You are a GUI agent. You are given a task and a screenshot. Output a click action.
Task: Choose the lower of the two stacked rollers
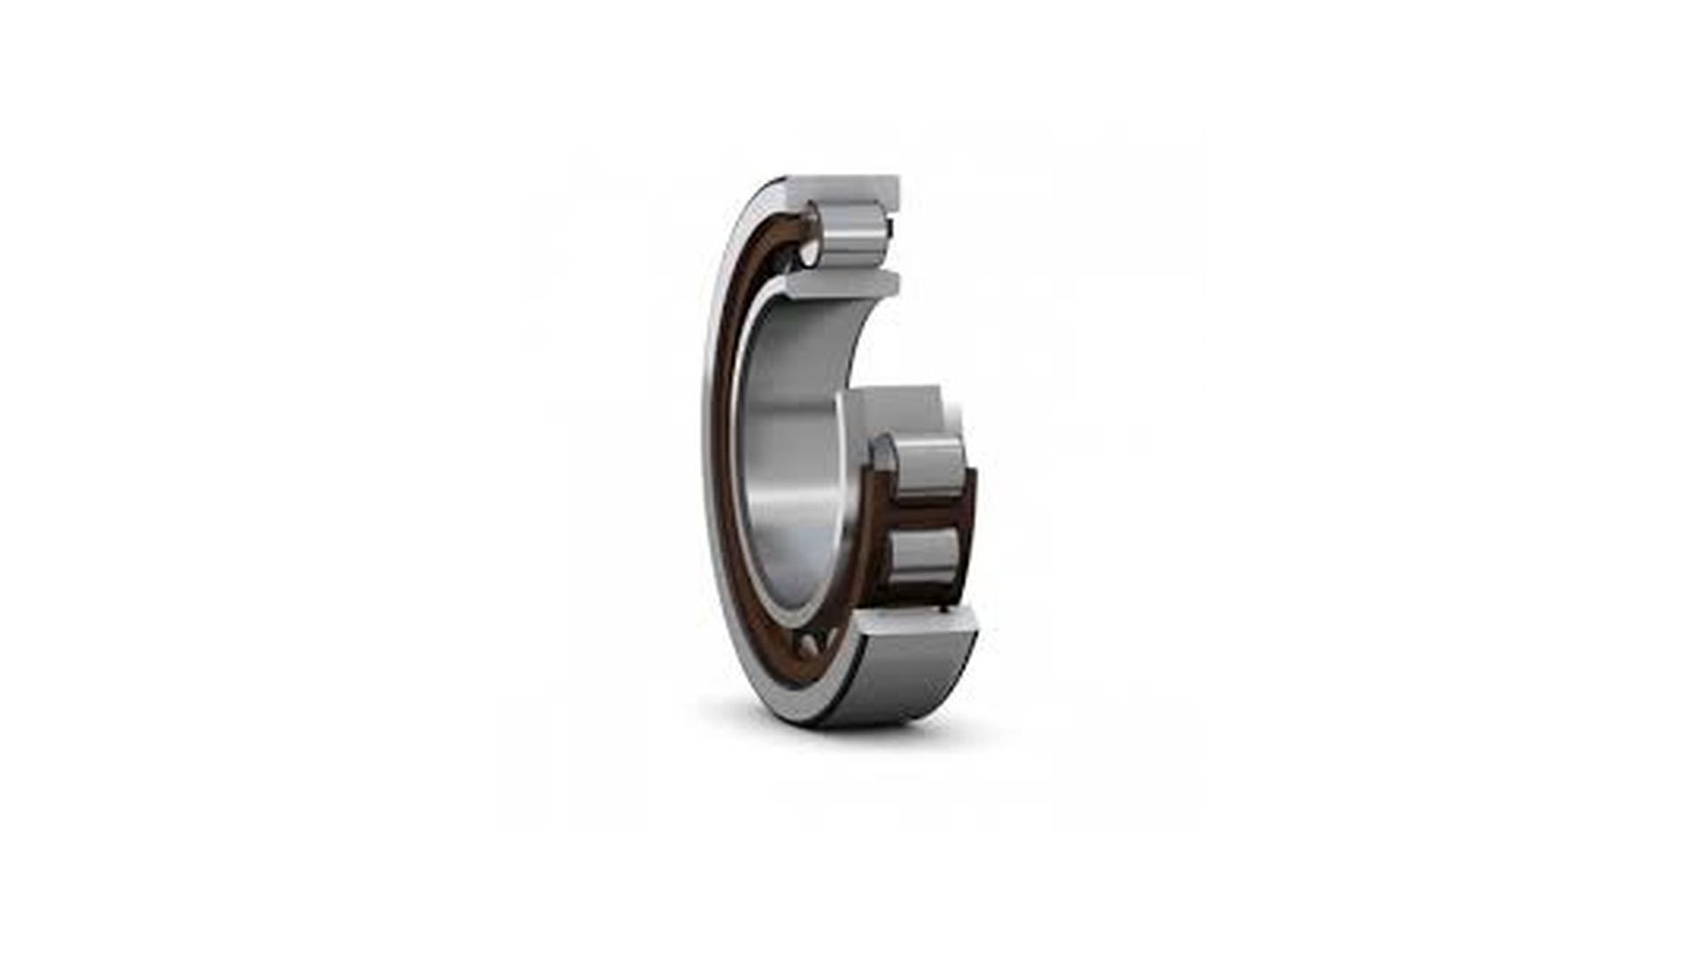(923, 553)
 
